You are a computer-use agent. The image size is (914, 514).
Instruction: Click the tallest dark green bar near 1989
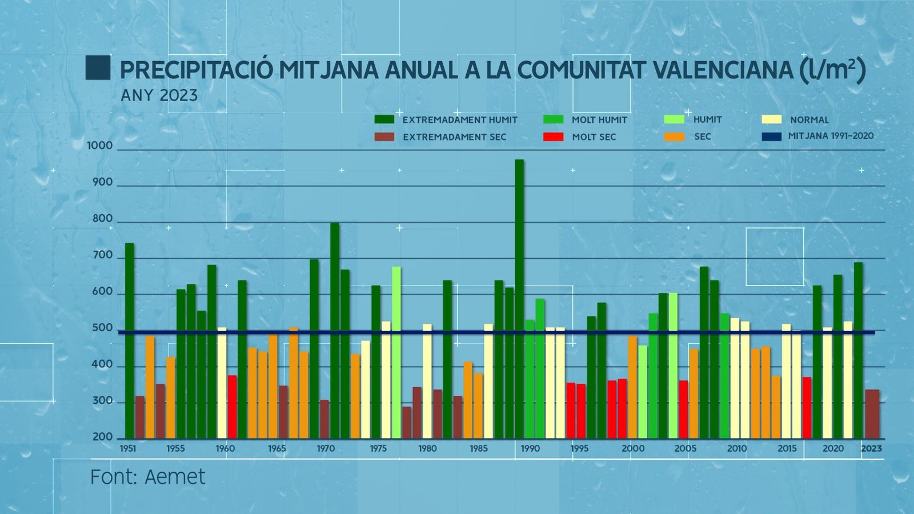point(519,297)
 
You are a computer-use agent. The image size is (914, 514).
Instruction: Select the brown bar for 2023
point(872,413)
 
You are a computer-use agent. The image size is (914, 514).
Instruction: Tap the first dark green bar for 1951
point(130,340)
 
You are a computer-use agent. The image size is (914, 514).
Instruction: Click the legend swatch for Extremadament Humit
point(384,119)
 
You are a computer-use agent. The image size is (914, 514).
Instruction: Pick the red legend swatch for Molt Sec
point(553,137)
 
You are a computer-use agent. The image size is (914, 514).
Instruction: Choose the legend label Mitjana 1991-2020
point(831,136)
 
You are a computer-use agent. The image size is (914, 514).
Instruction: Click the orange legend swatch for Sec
point(674,137)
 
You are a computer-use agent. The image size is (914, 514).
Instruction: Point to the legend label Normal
point(809,120)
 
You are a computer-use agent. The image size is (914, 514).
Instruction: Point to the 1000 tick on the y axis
point(100,146)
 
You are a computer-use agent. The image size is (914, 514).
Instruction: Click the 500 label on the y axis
point(102,328)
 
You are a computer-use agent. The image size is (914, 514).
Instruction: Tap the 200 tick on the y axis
point(102,437)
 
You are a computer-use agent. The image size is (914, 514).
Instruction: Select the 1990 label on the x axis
point(530,449)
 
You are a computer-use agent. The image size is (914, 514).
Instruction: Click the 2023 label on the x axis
point(871,449)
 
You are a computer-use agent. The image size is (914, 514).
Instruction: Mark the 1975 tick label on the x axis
point(378,449)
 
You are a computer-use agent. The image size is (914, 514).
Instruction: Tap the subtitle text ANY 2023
point(159,95)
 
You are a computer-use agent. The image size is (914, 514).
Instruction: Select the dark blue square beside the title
point(98,67)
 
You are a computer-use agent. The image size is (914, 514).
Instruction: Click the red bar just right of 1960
point(232,407)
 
